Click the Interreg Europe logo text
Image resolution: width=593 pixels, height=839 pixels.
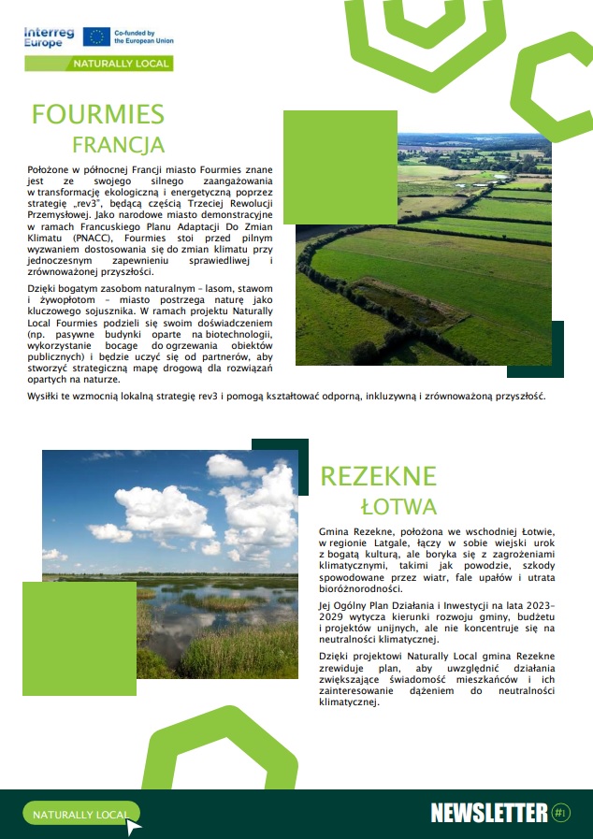49,36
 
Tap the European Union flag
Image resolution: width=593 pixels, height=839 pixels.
95,36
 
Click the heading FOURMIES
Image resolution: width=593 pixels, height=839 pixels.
97,114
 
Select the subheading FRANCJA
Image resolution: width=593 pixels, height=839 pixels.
118,144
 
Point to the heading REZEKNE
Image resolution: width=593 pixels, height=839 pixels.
378,476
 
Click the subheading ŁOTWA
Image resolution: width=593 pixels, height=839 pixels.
398,507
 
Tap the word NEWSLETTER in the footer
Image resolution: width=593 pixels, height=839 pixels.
488,812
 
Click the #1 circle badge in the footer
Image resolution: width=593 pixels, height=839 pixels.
561,812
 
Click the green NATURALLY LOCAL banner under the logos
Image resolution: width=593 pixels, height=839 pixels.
121,64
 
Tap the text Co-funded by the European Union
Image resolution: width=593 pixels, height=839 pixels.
142,36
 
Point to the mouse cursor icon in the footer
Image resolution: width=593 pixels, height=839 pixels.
134,825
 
